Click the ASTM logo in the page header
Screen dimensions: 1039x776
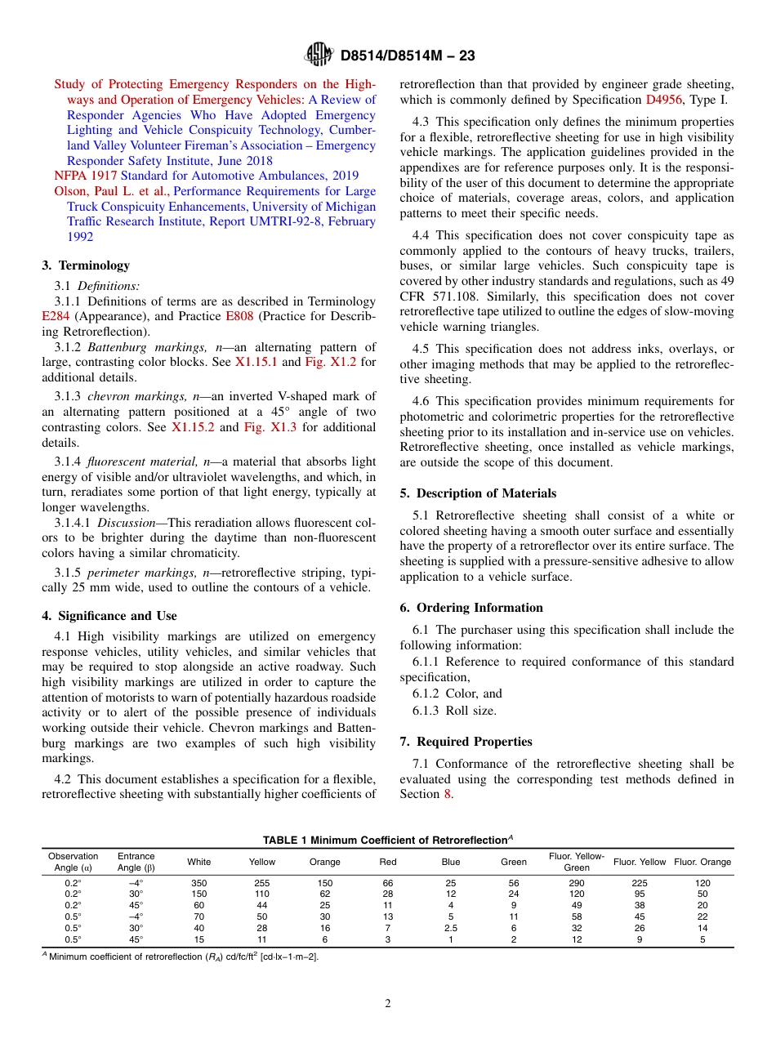(319, 56)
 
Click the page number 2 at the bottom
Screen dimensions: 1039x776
(388, 1004)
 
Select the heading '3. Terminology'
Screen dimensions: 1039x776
(86, 265)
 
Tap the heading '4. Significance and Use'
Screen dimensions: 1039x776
(109, 616)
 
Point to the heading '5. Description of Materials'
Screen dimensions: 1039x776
(478, 493)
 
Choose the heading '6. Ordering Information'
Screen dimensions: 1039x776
(471, 608)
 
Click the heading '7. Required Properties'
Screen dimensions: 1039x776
(466, 742)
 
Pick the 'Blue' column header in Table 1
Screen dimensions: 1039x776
(451, 862)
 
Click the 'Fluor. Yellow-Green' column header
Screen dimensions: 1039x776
(577, 862)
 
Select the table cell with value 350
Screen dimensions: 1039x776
(198, 883)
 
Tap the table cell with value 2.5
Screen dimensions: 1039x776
(451, 929)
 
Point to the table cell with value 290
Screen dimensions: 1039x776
(577, 883)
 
